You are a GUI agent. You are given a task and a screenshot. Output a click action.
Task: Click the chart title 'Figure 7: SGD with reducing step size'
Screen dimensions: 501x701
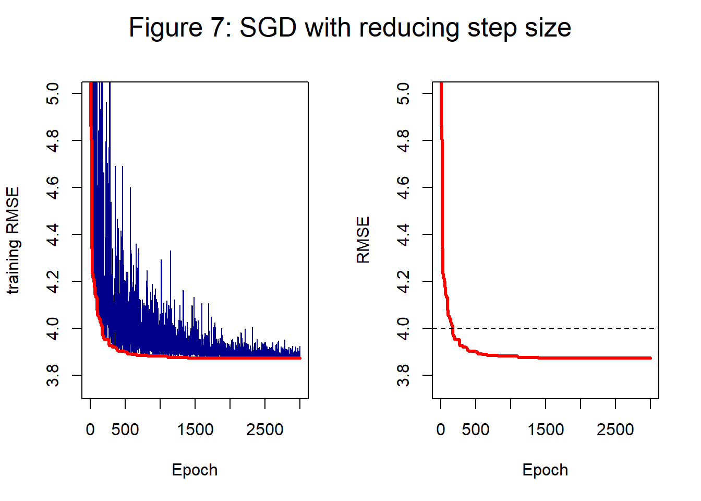(350, 28)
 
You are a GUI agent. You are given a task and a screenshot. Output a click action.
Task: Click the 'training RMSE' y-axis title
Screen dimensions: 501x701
(13, 241)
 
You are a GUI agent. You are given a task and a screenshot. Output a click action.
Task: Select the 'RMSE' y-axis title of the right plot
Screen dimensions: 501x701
(363, 241)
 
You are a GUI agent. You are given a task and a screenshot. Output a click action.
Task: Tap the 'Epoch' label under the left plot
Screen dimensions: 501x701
(195, 470)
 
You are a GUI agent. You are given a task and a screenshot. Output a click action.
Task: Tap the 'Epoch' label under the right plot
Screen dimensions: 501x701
(545, 470)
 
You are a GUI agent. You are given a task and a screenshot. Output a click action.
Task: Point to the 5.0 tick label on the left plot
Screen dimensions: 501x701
(53, 93)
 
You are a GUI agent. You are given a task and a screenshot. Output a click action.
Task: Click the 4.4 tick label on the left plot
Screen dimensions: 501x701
(53, 234)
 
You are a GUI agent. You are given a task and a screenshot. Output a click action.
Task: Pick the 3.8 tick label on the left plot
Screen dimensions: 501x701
(53, 375)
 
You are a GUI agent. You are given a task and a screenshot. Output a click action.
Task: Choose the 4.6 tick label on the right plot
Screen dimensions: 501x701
(403, 187)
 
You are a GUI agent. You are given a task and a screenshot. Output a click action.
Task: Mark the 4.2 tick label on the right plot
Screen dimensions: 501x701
(403, 281)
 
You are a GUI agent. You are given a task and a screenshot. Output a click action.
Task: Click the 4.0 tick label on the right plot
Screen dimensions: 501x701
(403, 328)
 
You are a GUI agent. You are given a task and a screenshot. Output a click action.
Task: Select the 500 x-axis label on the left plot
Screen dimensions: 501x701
(125, 430)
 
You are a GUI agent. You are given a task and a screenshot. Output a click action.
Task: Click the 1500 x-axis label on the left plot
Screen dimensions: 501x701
(195, 430)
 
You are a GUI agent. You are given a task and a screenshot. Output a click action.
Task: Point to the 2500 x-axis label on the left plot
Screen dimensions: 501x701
(265, 430)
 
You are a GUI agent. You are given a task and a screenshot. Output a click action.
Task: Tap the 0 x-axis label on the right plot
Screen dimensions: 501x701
(441, 430)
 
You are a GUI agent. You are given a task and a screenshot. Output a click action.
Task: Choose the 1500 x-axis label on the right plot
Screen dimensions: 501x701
(546, 430)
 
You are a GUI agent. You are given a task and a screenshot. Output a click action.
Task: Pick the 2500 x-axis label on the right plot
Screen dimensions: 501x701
(615, 430)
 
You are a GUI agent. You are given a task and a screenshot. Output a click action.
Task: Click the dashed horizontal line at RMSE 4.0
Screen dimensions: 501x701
(574, 328)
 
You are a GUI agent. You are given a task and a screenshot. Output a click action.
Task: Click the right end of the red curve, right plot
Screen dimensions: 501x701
(650, 358)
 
